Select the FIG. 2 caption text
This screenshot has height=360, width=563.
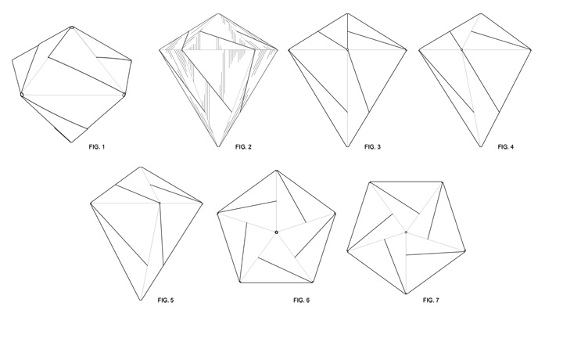pyautogui.click(x=243, y=146)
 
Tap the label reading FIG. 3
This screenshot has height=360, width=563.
pyautogui.click(x=373, y=146)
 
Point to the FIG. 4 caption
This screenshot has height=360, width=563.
pyautogui.click(x=506, y=146)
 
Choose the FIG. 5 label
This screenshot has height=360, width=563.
pyautogui.click(x=165, y=300)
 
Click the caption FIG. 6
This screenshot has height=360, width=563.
pyautogui.click(x=302, y=300)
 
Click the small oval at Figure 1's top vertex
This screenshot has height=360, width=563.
pyautogui.click(x=72, y=28)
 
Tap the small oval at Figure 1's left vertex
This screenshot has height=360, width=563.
pyautogui.click(x=22, y=95)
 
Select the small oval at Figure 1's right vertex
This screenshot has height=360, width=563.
pyautogui.click(x=124, y=95)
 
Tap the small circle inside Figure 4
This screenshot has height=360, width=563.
pyautogui.click(x=461, y=49)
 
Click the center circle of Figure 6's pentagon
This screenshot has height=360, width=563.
pyautogui.click(x=277, y=232)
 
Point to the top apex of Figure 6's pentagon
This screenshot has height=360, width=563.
pyautogui.click(x=277, y=170)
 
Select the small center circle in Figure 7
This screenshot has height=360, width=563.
pyautogui.click(x=406, y=232)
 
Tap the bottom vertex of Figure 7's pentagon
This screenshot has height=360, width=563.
pyautogui.click(x=406, y=294)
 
